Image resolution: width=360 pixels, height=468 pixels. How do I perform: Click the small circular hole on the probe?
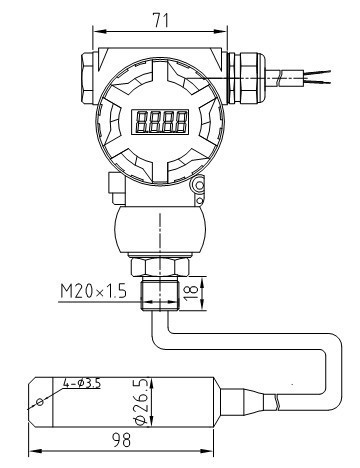[39, 401]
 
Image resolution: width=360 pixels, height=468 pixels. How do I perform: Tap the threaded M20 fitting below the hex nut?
[162, 293]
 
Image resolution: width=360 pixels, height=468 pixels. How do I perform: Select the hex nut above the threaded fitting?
[162, 267]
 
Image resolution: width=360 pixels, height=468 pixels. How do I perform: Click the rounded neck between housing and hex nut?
[162, 226]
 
